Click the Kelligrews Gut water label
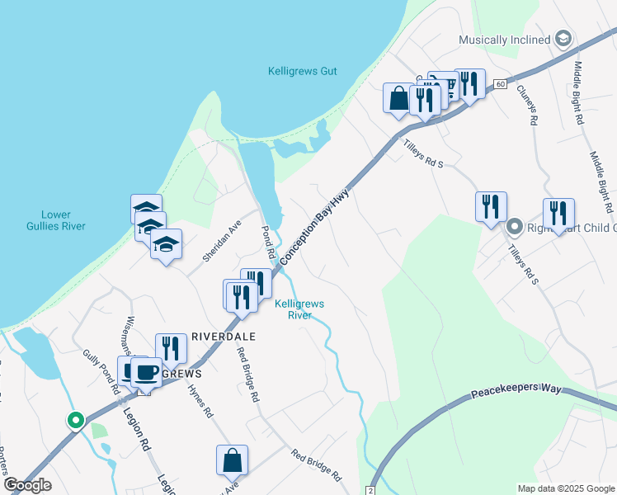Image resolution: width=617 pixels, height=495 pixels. click(303, 71)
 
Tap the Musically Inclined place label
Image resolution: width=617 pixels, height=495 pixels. click(505, 40)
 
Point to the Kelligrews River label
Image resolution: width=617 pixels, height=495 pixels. click(299, 309)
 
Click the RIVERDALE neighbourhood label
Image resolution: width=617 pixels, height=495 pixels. click(224, 337)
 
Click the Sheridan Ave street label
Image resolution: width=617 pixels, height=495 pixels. click(224, 239)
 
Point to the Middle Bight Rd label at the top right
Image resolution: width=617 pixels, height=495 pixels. click(579, 92)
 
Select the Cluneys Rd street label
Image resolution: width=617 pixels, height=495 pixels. click(528, 107)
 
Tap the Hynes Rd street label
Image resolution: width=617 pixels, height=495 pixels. click(201, 400)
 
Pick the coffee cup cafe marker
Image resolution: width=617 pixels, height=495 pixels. click(146, 372)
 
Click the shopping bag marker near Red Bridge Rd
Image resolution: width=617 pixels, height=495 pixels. click(233, 460)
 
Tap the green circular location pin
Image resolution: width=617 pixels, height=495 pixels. click(76, 421)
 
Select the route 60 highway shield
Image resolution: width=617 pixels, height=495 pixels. click(500, 84)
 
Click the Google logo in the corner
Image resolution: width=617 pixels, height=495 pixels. click(27, 485)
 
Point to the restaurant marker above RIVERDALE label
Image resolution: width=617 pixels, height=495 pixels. click(170, 347)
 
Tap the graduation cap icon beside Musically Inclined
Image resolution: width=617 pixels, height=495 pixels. click(563, 39)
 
